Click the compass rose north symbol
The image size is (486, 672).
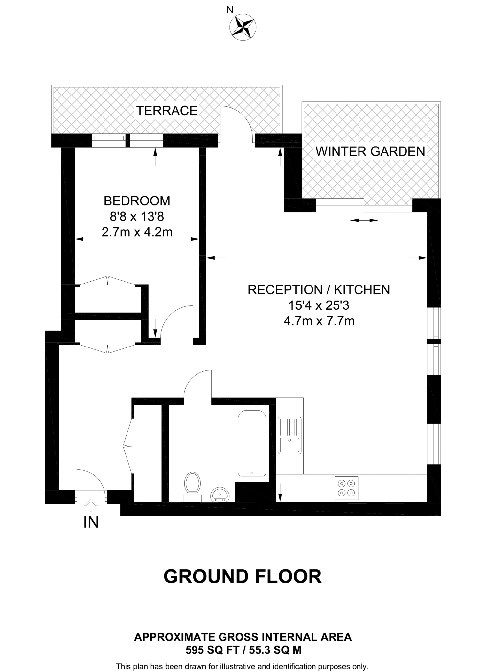(243, 28)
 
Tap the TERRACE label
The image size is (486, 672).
(167, 111)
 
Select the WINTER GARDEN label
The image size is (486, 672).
(370, 151)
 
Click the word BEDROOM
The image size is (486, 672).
(137, 201)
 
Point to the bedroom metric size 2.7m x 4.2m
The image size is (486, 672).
(137, 232)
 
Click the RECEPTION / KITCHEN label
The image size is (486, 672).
(319, 290)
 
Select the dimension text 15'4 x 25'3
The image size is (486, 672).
(319, 305)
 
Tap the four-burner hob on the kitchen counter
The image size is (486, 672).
(346, 488)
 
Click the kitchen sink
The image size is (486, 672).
(289, 435)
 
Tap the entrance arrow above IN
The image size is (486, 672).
(91, 505)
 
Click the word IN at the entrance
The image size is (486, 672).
(91, 522)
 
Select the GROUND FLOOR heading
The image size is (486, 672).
(243, 577)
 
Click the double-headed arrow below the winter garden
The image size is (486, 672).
(364, 220)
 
